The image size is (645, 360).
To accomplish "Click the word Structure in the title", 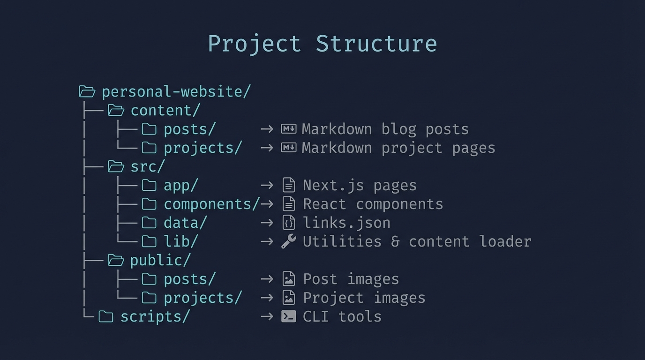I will (376, 44).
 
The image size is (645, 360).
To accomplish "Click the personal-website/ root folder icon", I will (87, 91).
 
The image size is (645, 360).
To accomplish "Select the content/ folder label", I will (165, 111).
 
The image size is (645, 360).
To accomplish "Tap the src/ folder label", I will (148, 167).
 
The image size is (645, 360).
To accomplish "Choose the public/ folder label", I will (160, 261).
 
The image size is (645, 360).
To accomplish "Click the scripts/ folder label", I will (155, 317).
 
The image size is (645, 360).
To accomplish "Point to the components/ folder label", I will (211, 204).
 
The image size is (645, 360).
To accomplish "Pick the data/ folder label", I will (185, 223).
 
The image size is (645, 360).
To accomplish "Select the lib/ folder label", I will (181, 242).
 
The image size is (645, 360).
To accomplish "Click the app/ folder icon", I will (149, 186).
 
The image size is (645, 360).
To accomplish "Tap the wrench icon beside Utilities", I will (288, 241).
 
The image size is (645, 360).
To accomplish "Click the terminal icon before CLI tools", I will (288, 317).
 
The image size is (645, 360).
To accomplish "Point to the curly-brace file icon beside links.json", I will (289, 223).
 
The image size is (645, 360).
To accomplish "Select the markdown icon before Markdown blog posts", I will (288, 129).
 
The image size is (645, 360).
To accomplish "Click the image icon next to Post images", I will (289, 279).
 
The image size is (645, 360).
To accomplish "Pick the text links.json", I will (346, 223).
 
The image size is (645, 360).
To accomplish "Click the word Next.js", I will (333, 186).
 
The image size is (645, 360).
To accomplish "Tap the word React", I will (324, 204).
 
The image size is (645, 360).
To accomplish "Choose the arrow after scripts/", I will (267, 317).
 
